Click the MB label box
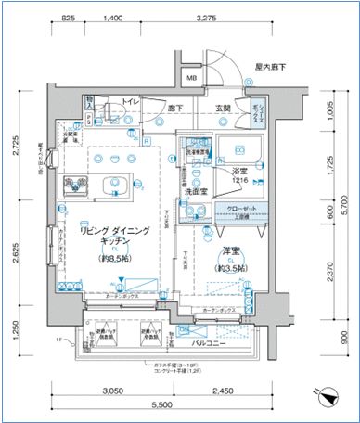point(191,78)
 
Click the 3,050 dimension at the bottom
point(113,390)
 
